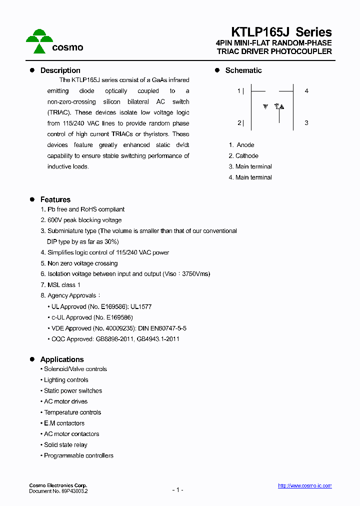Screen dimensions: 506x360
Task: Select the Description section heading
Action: tap(60, 70)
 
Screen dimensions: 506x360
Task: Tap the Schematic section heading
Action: tap(243, 70)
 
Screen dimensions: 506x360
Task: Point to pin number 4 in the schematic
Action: tap(306, 91)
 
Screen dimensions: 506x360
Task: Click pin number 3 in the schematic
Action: tap(306, 123)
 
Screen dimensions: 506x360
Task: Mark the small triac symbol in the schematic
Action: tap(280, 106)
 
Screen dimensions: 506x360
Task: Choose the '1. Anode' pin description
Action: tap(241, 145)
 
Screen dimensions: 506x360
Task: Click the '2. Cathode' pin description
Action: tap(243, 156)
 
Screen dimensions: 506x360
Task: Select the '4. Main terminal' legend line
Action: tap(250, 177)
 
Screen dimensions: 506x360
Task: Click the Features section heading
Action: tap(55, 199)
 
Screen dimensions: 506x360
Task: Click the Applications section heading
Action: tap(61, 359)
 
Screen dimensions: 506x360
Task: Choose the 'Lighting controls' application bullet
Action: tap(66, 380)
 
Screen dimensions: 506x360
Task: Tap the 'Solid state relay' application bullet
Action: tap(65, 445)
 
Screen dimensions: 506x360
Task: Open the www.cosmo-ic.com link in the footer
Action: tap(304, 486)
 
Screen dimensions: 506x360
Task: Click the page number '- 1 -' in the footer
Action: tap(177, 490)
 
